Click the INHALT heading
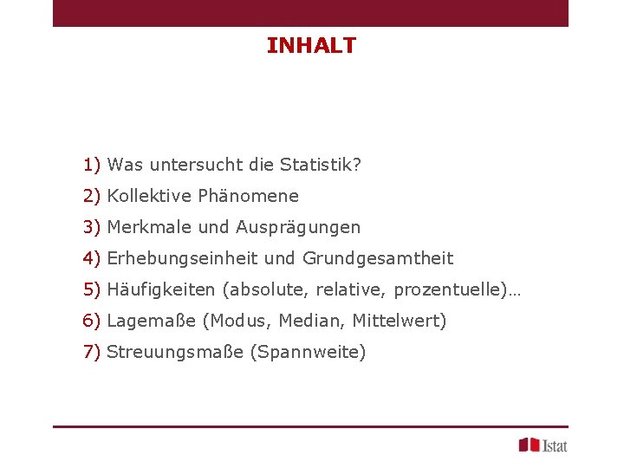(311, 46)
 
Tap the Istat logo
(543, 445)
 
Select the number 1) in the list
(93, 165)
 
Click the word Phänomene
(248, 196)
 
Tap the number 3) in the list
(93, 227)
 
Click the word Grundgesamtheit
(378, 258)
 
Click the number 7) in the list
(93, 352)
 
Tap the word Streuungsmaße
(174, 352)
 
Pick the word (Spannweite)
(308, 353)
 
